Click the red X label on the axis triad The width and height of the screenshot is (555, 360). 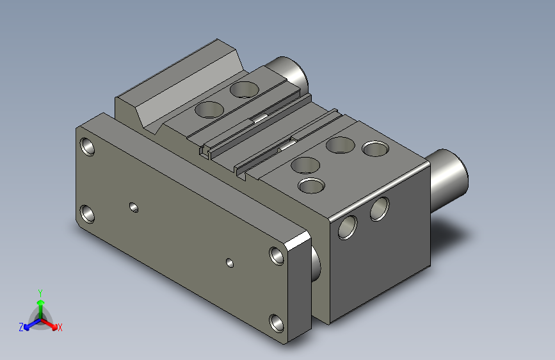click(x=60, y=328)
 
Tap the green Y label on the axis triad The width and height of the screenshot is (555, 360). click(x=40, y=291)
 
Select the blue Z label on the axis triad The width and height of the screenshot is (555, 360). click(x=21, y=327)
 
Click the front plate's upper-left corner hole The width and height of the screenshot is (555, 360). click(x=88, y=147)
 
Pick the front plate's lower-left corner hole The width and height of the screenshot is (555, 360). click(x=88, y=213)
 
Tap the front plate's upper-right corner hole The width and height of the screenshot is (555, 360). click(x=277, y=255)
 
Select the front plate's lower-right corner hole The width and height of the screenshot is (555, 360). click(x=277, y=322)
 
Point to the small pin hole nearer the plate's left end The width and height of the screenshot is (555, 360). click(x=133, y=207)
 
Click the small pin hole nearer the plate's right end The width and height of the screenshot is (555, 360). click(x=230, y=262)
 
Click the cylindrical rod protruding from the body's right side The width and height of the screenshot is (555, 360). click(x=449, y=175)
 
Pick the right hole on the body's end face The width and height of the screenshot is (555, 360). click(x=379, y=208)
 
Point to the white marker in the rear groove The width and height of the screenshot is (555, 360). click(x=260, y=118)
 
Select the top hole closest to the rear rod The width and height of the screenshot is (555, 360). click(x=244, y=89)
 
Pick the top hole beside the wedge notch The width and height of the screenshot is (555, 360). click(x=208, y=110)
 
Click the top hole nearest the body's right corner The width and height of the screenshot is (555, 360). click(x=376, y=149)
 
